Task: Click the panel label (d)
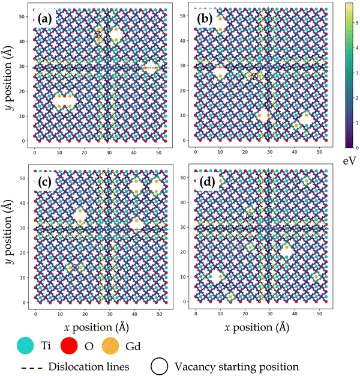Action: [x=207, y=179]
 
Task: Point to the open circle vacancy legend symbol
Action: [x=161, y=365]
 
